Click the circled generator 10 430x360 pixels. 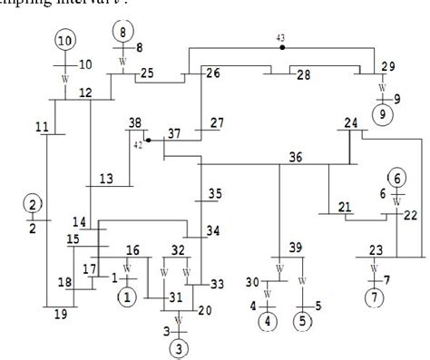tap(65, 40)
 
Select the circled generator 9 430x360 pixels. tap(383, 114)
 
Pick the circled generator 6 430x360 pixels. tap(396, 178)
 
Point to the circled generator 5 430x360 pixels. tap(302, 321)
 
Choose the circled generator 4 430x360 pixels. tap(267, 321)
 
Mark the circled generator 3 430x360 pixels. tap(180, 345)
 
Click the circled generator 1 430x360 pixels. tap(127, 296)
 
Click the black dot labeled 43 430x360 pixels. tap(282, 45)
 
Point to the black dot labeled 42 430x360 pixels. tap(148, 141)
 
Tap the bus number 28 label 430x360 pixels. tap(304, 73)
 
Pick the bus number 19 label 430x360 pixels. tap(60, 315)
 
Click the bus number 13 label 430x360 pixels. tap(106, 179)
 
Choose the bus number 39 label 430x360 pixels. tap(296, 248)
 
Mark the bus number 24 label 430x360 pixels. tap(351, 122)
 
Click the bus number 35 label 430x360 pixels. tap(214, 193)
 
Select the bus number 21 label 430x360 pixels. tap(344, 207)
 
